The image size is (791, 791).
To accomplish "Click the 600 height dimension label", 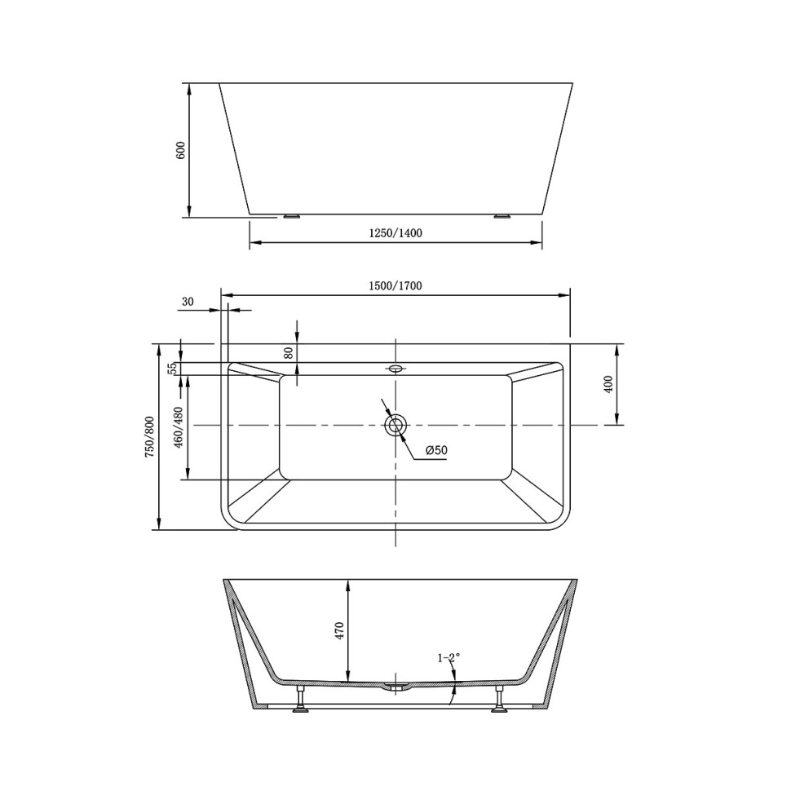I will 181,150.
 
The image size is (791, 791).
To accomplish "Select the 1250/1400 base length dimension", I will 395,233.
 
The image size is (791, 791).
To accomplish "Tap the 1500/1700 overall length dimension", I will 395,285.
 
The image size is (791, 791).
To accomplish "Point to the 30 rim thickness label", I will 188,302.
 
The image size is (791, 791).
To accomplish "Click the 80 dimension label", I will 288,352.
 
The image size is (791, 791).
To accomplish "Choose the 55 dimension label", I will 172,369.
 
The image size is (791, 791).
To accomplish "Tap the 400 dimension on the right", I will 608,384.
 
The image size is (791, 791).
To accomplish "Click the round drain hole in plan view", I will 396,425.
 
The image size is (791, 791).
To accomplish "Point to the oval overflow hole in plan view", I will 396,369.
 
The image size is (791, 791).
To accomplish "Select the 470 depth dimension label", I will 339,630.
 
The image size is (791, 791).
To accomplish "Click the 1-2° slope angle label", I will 449,657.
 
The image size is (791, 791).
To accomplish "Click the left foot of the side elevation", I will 291,217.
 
